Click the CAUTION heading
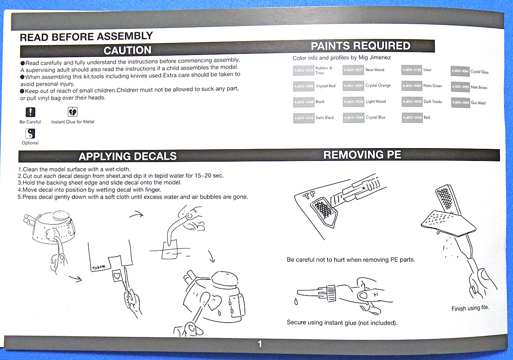(x=127, y=50)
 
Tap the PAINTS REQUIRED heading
(x=361, y=46)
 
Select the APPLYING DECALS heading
(x=128, y=157)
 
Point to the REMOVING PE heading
(x=362, y=155)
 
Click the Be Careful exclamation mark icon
(x=30, y=112)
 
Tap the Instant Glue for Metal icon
(x=73, y=111)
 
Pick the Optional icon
(x=30, y=133)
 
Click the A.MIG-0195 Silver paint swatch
(x=412, y=70)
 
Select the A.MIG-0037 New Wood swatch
(x=353, y=70)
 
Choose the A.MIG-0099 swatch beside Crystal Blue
(x=354, y=118)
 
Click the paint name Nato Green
(x=433, y=86)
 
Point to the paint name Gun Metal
(x=478, y=103)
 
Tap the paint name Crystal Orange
(x=378, y=85)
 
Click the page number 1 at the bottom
(x=260, y=344)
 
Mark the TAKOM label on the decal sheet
(x=99, y=268)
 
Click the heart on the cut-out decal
(x=117, y=275)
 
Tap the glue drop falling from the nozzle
(x=296, y=302)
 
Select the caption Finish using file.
(x=470, y=308)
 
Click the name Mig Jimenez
(x=375, y=58)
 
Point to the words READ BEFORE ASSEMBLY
(x=86, y=37)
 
